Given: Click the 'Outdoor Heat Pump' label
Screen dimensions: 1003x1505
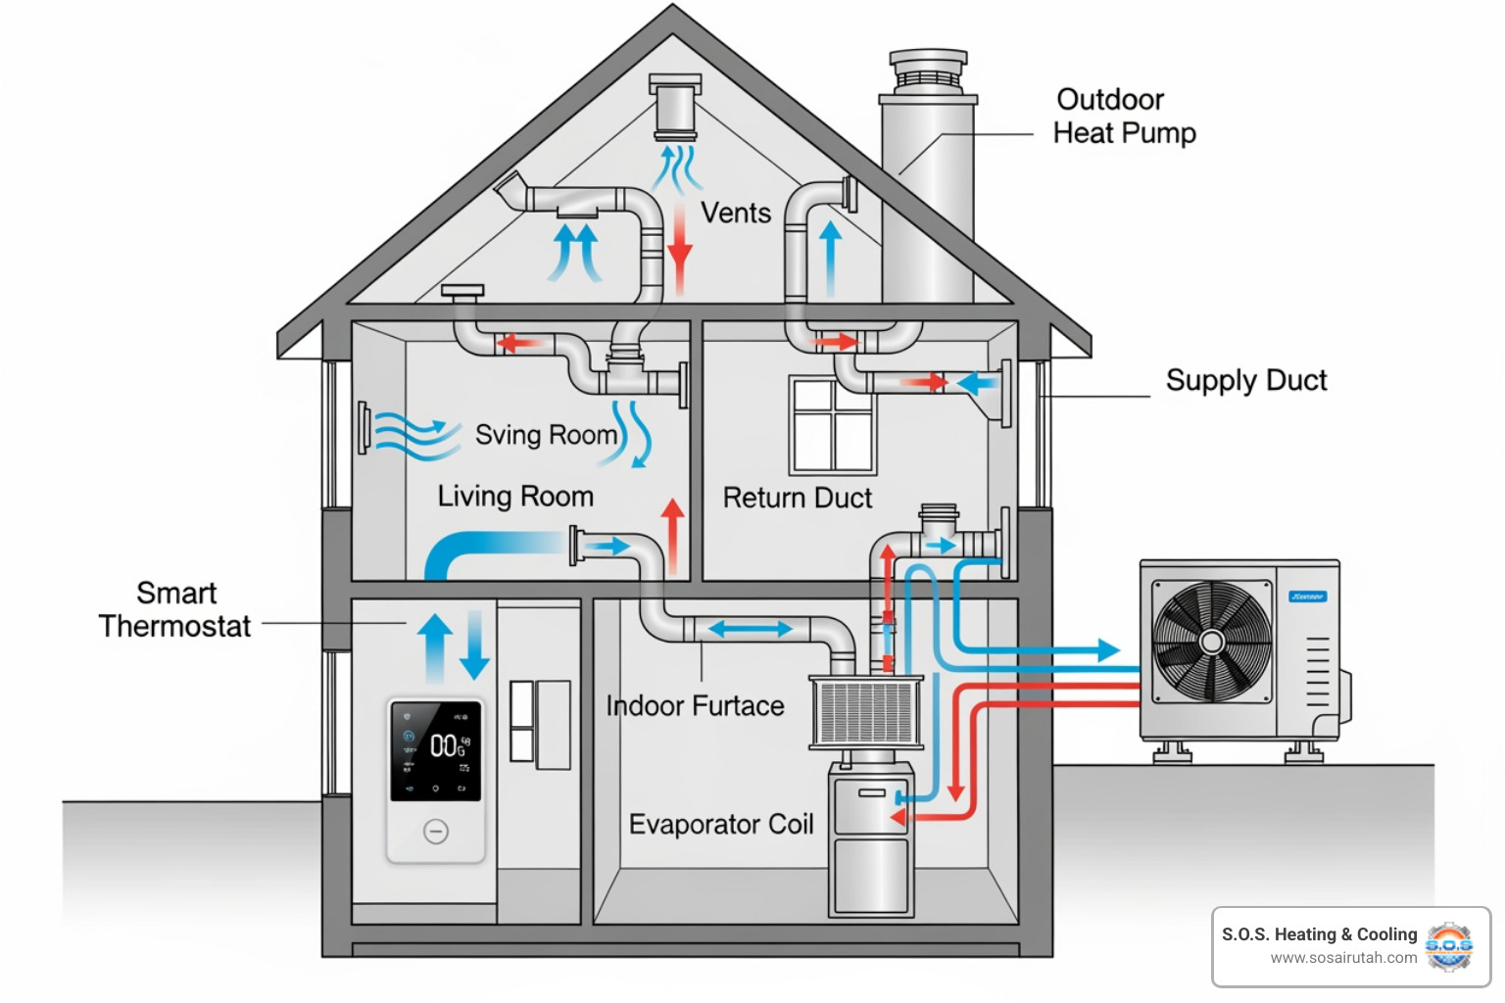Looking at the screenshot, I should pyautogui.click(x=1124, y=116).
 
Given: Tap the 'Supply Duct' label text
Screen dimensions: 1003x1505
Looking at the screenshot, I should pyautogui.click(x=1245, y=380).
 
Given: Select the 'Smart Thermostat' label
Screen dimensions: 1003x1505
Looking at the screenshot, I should pyautogui.click(x=174, y=609).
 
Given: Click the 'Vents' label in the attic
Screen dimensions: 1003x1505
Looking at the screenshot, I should pyautogui.click(x=735, y=213).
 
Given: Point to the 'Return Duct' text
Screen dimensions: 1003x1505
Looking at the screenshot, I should pyautogui.click(x=797, y=498).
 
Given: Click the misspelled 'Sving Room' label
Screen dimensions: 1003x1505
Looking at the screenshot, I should pyautogui.click(x=546, y=434).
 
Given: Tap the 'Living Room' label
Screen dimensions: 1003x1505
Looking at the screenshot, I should pyautogui.click(x=515, y=496).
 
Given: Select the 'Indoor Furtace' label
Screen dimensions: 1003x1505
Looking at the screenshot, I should pyautogui.click(x=695, y=705).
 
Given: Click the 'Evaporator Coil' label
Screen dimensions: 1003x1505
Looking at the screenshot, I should pyautogui.click(x=721, y=824).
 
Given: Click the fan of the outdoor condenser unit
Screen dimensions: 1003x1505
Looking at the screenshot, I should pyautogui.click(x=1212, y=642).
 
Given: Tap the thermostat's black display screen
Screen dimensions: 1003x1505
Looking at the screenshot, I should pyautogui.click(x=436, y=750).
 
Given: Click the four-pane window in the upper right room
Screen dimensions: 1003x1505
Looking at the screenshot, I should pyautogui.click(x=833, y=424).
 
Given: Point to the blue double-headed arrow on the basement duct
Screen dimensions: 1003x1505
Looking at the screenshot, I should pyautogui.click(x=750, y=629).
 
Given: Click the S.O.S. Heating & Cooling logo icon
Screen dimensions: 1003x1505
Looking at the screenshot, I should pyautogui.click(x=1449, y=945).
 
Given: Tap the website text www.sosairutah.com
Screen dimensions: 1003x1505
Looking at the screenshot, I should pyautogui.click(x=1343, y=958).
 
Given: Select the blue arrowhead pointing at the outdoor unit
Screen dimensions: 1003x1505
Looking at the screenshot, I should pyautogui.click(x=1107, y=649).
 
